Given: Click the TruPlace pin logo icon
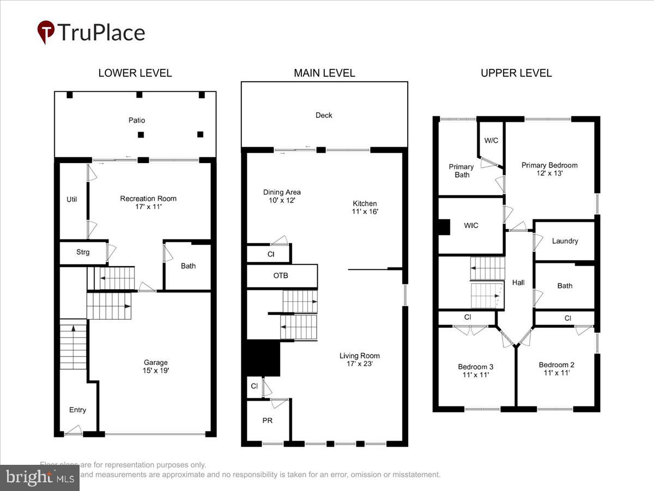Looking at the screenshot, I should (x=46, y=32).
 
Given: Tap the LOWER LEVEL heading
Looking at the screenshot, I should (x=135, y=73).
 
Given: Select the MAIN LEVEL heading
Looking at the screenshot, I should (x=324, y=73).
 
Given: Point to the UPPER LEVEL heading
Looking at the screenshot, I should (x=516, y=73).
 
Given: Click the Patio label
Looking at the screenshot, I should (x=136, y=120).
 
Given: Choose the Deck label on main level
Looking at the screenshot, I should (x=324, y=115).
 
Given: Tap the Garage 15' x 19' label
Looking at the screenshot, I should (x=156, y=366).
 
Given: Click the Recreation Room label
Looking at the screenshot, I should (x=148, y=202).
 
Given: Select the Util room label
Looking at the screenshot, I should (x=72, y=199).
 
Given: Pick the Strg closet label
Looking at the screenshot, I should (x=82, y=252).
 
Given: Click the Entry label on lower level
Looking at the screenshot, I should (x=77, y=410).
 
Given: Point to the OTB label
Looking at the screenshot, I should (x=281, y=276).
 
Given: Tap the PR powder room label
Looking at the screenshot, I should (x=267, y=421).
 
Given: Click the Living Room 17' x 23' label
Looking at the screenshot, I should (x=359, y=360).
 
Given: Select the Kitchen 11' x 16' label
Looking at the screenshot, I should (x=365, y=207).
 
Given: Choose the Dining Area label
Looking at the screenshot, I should (x=282, y=196).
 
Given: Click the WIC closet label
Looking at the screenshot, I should (x=471, y=225).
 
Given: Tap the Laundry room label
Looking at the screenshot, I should (x=565, y=241).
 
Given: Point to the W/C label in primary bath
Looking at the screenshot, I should (x=491, y=140).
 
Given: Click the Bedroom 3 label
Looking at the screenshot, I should (x=475, y=370).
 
